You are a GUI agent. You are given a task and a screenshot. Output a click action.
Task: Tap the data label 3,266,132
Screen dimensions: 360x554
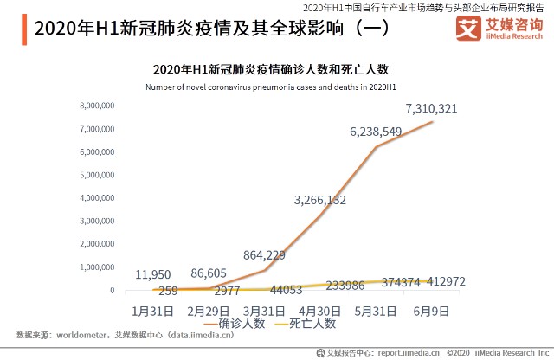[x=320, y=200]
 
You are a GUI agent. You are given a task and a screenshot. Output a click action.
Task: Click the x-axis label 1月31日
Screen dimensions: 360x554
[x=154, y=310]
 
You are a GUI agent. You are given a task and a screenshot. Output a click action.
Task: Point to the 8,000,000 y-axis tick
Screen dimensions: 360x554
[x=97, y=106]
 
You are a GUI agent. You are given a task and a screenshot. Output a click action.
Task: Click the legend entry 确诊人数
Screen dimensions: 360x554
[x=241, y=323]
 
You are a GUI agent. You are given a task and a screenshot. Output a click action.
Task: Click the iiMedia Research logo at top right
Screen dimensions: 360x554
[x=499, y=30]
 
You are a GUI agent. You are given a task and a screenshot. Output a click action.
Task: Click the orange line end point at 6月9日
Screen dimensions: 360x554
[x=433, y=121]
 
